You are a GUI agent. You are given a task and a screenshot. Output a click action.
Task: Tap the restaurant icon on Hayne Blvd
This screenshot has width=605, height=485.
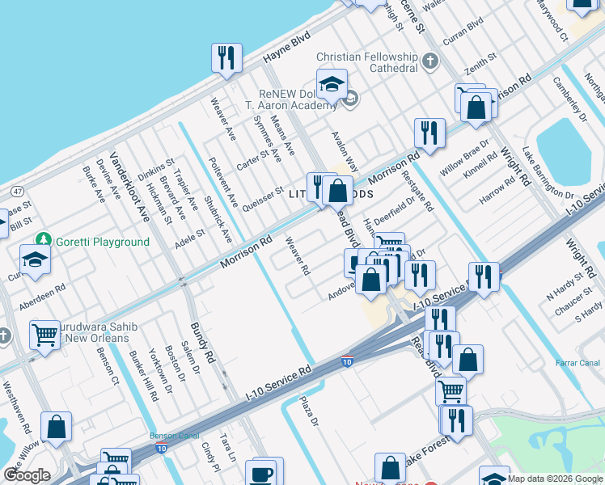[x=226, y=57]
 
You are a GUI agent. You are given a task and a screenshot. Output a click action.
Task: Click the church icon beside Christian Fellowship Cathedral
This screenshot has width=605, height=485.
[x=430, y=61]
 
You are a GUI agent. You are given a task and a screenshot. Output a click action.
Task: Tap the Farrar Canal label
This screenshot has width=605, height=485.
[x=577, y=363]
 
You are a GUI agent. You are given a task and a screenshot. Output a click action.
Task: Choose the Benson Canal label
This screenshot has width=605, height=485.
[x=171, y=435]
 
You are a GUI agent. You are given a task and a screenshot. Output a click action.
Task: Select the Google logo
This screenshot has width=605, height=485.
[x=27, y=475]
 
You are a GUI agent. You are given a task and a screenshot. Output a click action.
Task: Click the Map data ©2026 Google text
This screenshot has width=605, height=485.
[x=556, y=479]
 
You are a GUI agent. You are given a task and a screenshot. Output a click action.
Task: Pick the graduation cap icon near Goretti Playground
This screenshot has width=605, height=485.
[x=35, y=259]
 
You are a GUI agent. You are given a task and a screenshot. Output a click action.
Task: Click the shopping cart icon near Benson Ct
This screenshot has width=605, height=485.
[x=44, y=334]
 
